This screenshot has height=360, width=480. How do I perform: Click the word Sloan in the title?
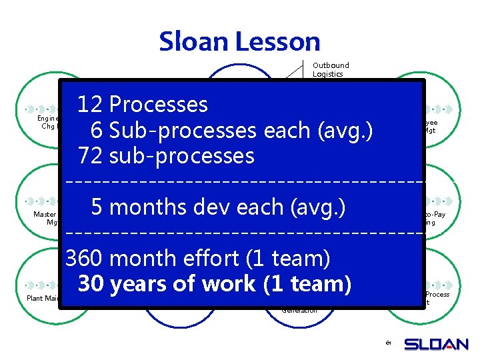click(194, 42)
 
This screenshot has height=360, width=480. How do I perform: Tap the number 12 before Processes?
click(90, 105)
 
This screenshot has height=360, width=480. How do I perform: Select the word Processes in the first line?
click(158, 105)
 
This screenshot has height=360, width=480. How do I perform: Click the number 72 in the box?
click(91, 156)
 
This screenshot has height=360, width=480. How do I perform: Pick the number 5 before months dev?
click(97, 207)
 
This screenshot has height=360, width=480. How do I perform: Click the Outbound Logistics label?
click(331, 69)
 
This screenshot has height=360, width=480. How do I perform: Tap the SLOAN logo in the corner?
click(436, 344)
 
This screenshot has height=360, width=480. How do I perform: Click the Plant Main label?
click(43, 298)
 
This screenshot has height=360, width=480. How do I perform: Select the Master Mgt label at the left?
click(46, 218)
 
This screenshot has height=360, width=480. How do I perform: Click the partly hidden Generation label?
click(299, 310)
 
